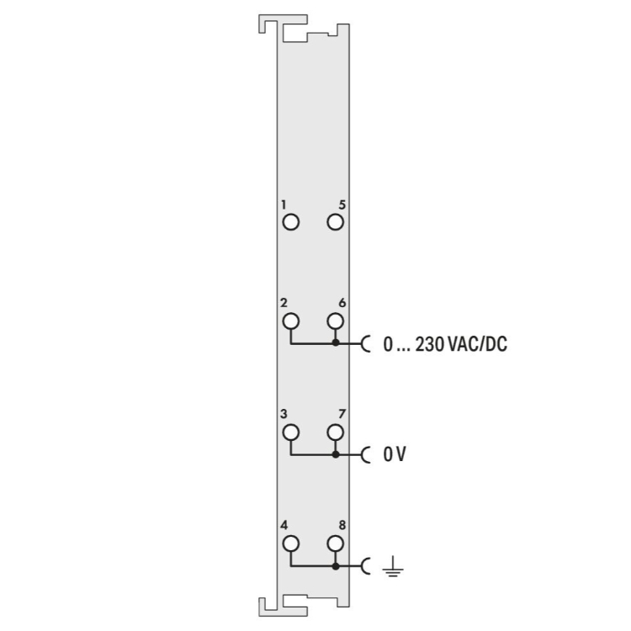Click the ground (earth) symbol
tap(393, 566)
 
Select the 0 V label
tap(395, 454)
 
